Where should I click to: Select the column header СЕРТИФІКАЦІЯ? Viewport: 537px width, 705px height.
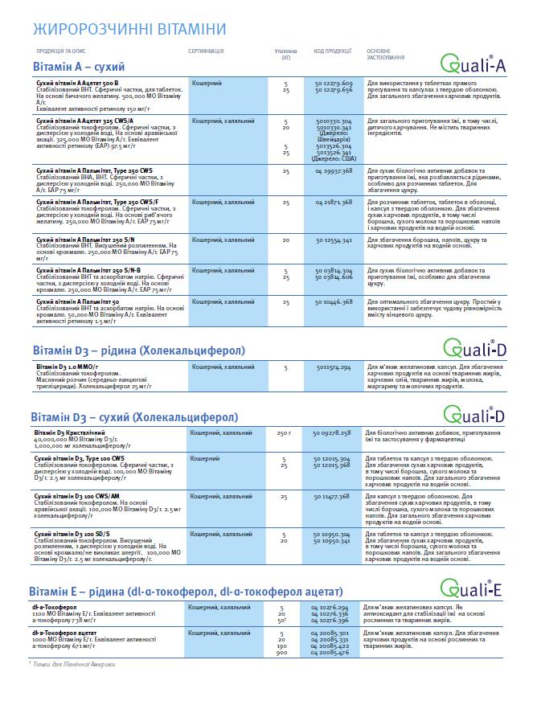[x=206, y=51]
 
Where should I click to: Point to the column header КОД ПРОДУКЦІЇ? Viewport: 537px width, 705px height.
[x=333, y=51]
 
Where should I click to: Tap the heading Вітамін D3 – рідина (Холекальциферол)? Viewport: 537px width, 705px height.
[x=139, y=350]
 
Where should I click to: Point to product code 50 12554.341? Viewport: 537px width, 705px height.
[x=334, y=240]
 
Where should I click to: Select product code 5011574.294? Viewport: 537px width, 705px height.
[x=334, y=367]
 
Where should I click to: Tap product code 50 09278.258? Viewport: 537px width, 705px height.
[x=333, y=433]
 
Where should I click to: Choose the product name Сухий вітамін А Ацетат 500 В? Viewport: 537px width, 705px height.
[x=78, y=83]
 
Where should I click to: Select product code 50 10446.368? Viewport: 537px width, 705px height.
[x=334, y=301]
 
